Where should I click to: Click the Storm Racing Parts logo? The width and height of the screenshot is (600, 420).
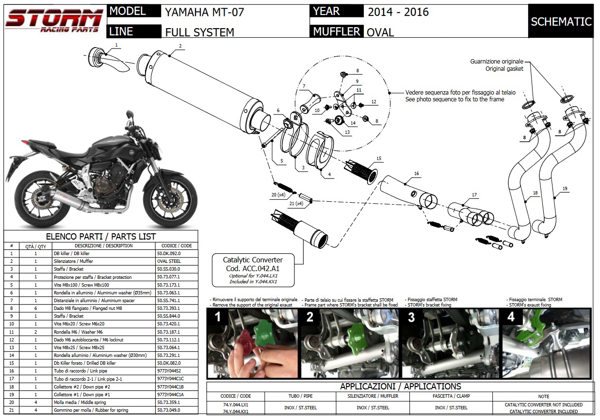pyautogui.click(x=54, y=21)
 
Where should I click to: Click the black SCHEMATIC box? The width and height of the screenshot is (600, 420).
pyautogui.click(x=561, y=21)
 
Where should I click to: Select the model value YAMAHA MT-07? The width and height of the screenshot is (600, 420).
pyautogui.click(x=205, y=12)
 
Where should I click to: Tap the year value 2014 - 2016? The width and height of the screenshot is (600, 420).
pyautogui.click(x=398, y=12)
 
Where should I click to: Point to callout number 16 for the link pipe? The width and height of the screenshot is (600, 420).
pyautogui.click(x=416, y=173)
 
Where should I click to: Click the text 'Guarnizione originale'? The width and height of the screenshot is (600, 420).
pyautogui.click(x=497, y=62)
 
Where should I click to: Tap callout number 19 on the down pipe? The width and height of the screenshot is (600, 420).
pyautogui.click(x=565, y=188)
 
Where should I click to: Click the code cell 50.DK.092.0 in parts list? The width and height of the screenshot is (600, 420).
pyautogui.click(x=168, y=253)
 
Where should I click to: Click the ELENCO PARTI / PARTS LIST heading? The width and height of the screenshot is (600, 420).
pyautogui.click(x=101, y=236)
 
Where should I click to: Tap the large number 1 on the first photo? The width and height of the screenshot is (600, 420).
pyautogui.click(x=218, y=319)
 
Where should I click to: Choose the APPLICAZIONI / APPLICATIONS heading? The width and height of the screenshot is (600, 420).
pyautogui.click(x=400, y=387)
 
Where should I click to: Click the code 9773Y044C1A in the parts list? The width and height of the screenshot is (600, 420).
pyautogui.click(x=170, y=394)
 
